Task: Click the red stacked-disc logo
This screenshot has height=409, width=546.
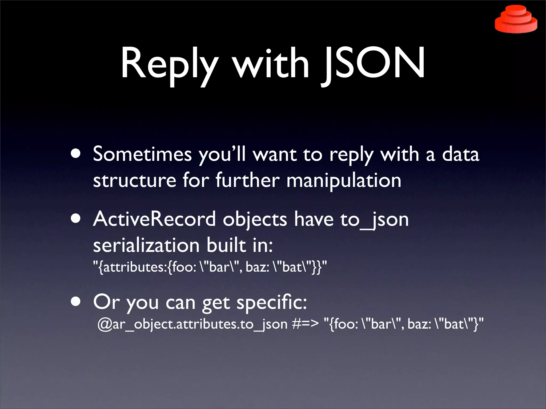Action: click(516, 20)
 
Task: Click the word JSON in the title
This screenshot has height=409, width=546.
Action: click(373, 64)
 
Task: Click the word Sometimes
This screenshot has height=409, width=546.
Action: click(142, 154)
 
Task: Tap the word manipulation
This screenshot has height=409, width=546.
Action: click(344, 181)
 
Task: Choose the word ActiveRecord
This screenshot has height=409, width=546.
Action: click(154, 219)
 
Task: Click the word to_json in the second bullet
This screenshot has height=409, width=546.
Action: click(374, 220)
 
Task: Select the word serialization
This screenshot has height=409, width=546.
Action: click(146, 245)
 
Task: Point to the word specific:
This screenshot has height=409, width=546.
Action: click(272, 302)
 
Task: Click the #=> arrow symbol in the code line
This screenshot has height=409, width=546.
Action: click(305, 324)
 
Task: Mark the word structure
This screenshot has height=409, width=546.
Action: click(135, 181)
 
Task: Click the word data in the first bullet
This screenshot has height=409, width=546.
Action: click(461, 154)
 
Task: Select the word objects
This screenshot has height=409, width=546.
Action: click(255, 220)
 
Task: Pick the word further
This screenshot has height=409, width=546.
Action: click(248, 181)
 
